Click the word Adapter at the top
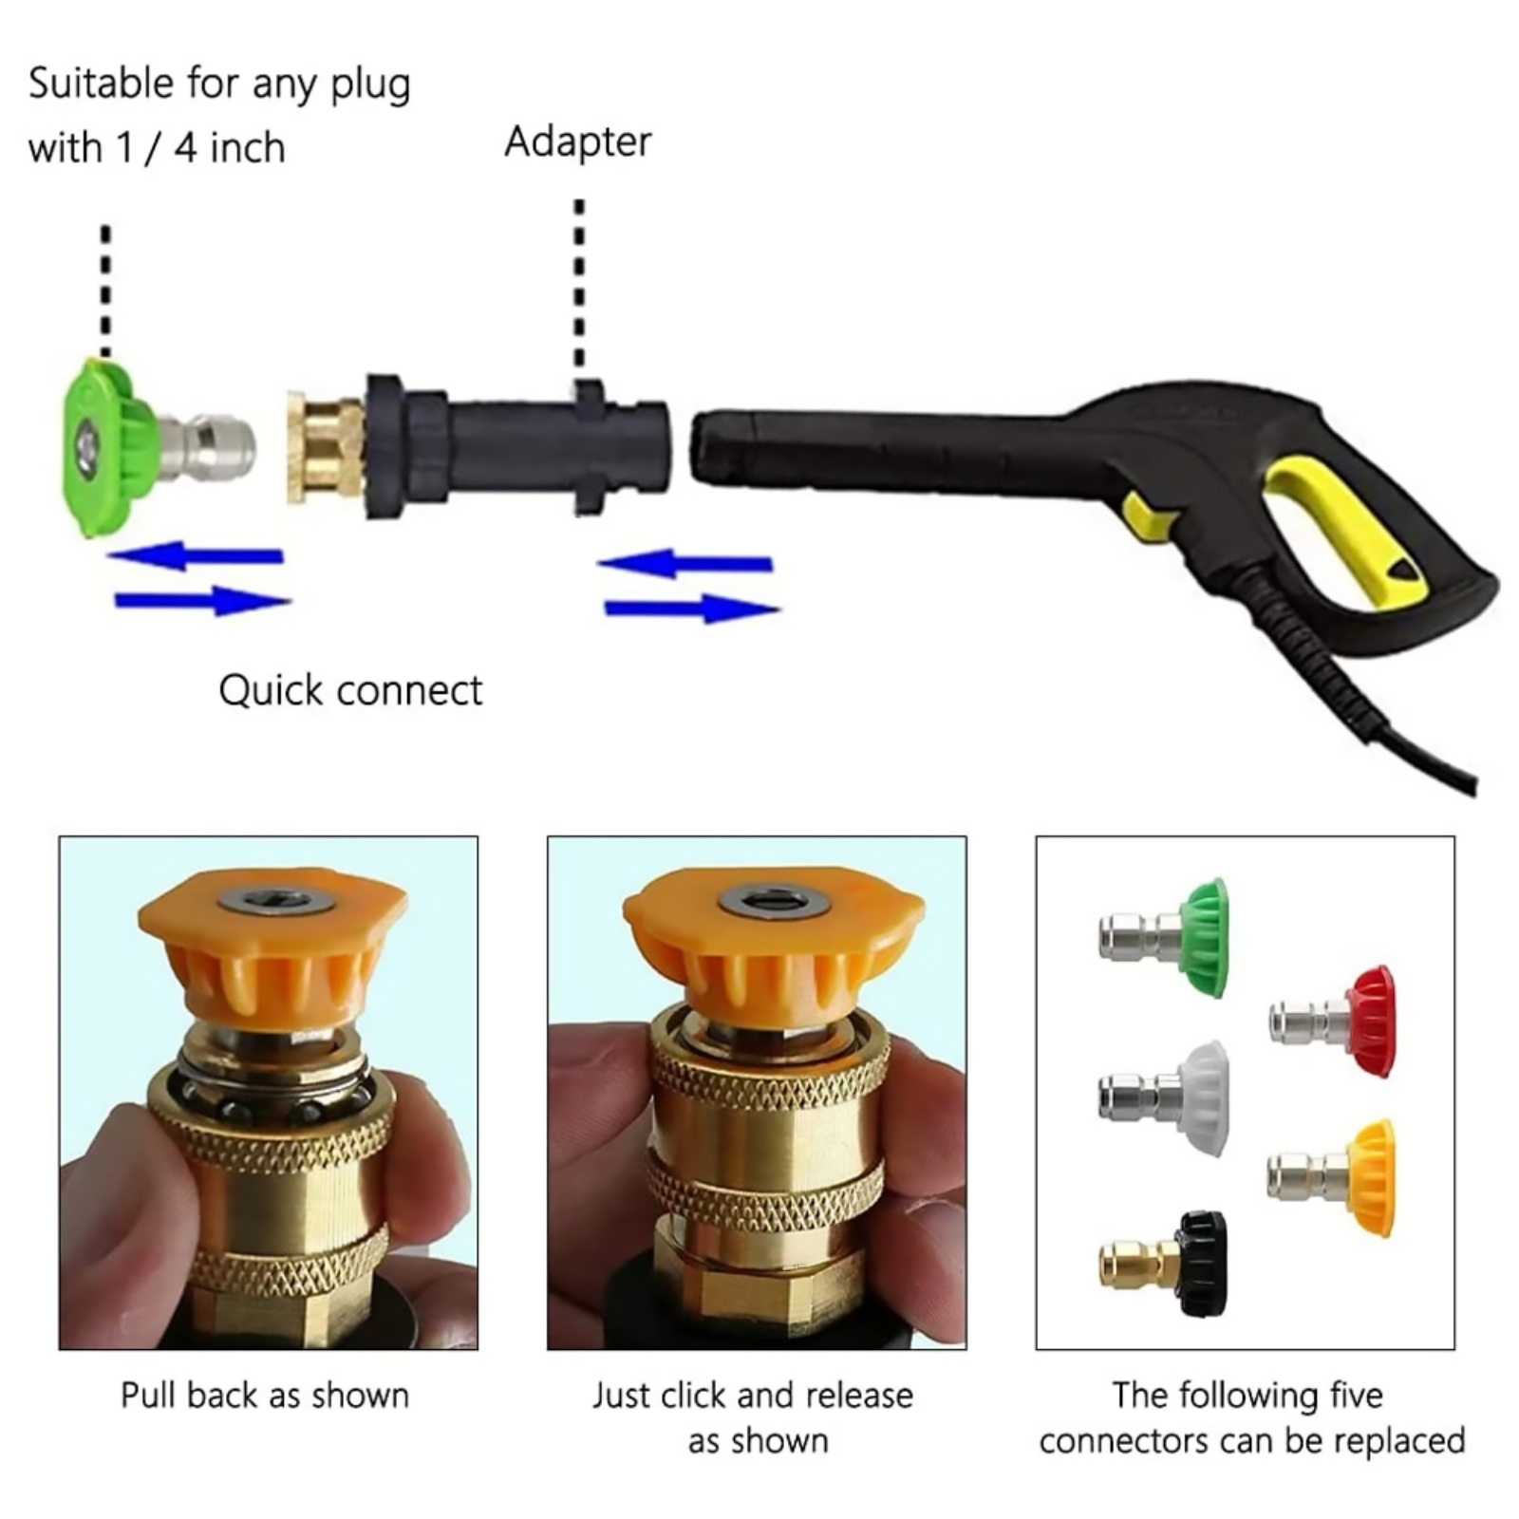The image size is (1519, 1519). click(x=577, y=142)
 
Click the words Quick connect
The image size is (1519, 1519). click(x=350, y=690)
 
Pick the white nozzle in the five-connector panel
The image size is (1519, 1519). click(x=1164, y=1097)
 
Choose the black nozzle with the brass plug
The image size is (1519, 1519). click(x=1164, y=1264)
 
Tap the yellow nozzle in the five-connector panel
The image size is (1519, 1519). click(x=1332, y=1177)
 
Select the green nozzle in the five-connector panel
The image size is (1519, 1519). click(x=1164, y=937)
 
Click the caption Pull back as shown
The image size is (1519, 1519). click(x=265, y=1396)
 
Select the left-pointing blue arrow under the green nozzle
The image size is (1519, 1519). click(x=196, y=555)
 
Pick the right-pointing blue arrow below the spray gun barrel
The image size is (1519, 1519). click(x=692, y=609)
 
